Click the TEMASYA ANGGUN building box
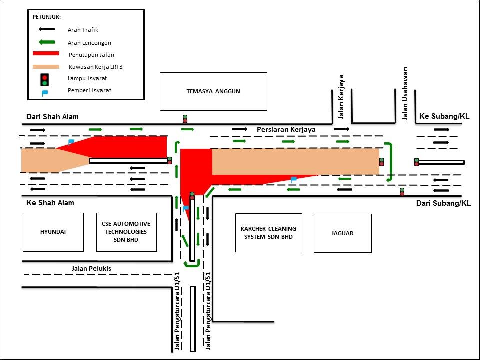point(213,91)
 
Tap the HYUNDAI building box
point(53,232)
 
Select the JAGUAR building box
point(342,233)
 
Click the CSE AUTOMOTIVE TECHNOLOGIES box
point(126,232)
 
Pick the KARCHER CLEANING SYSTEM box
point(268,232)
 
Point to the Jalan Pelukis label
point(91,269)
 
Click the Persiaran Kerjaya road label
point(286,129)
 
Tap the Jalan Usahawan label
point(405,94)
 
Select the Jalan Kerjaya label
point(341,97)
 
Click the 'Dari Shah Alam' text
point(52,117)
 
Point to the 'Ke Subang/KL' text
point(444,116)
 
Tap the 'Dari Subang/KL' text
point(443,203)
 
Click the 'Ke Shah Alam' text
point(50,203)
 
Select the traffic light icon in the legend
point(45,79)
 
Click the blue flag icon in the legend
point(44,92)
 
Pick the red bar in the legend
point(46,54)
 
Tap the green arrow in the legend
point(45,42)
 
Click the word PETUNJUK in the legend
point(47,17)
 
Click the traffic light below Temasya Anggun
point(185,119)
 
